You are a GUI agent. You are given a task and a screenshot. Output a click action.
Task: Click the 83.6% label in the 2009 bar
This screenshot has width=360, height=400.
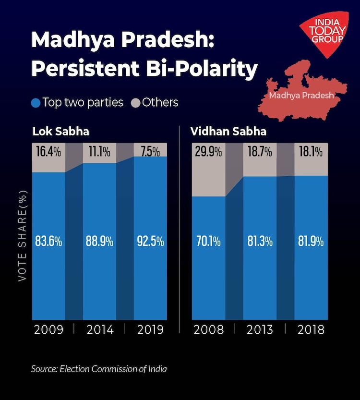48,241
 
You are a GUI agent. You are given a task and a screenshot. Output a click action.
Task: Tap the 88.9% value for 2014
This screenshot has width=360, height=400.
99,241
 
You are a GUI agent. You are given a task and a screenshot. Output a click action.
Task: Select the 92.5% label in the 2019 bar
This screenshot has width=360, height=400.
150,241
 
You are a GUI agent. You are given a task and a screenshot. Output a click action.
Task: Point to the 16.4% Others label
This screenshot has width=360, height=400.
48,152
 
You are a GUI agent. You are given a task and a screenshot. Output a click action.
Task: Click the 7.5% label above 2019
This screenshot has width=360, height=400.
150,152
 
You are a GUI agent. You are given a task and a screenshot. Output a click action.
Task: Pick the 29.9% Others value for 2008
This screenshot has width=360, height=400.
209,152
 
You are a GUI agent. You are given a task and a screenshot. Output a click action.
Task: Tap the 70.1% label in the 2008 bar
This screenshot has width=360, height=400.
209,241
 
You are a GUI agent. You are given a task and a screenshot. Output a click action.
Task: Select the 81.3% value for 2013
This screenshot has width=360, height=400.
260,241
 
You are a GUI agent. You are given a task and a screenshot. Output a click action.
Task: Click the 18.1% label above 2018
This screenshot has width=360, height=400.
311,152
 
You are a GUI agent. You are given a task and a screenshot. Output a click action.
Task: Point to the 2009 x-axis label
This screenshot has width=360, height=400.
48,330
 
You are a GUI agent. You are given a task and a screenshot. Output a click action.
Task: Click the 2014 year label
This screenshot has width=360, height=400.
99,330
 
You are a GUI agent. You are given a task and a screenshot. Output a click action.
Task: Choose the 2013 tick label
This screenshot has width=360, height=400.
260,330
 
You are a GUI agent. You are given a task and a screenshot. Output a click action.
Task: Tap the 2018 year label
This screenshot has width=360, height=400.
311,330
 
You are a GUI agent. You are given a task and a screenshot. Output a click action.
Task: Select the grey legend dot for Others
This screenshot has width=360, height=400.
135,103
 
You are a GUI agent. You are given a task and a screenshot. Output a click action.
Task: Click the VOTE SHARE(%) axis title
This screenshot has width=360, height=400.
22,235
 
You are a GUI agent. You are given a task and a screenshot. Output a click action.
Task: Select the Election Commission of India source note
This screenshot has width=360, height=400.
99,369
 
